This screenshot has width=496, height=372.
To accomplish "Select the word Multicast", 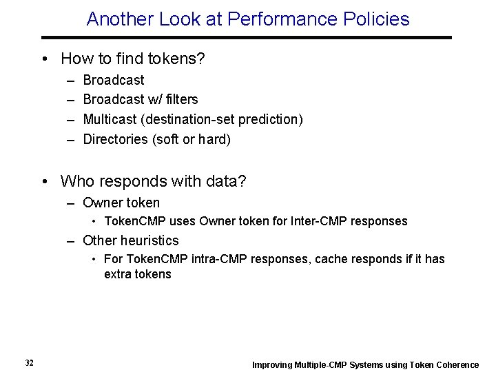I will (110, 119).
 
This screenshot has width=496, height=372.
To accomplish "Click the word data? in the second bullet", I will (227, 181).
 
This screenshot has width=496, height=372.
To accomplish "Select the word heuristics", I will (149, 240).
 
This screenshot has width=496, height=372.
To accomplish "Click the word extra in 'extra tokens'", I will (117, 273).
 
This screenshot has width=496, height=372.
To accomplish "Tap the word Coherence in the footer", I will (456, 364).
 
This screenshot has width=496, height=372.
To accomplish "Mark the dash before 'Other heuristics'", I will (71, 240).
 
